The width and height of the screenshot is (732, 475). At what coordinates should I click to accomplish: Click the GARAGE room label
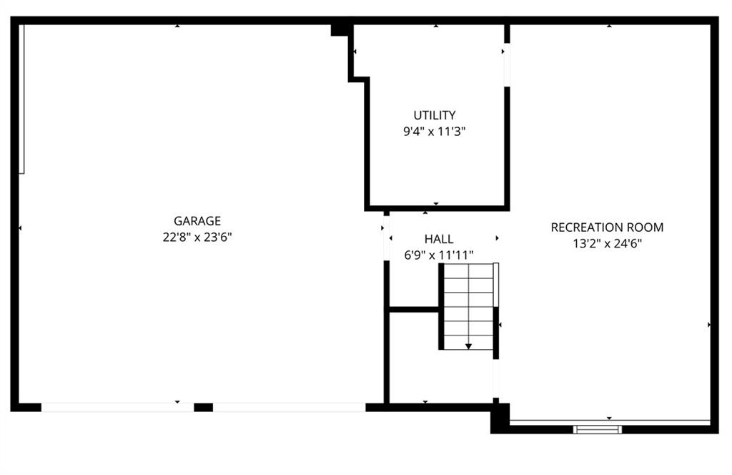point(197,221)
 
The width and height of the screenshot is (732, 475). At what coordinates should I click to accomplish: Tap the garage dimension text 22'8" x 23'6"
point(197,237)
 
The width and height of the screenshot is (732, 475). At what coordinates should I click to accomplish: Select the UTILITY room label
point(434,115)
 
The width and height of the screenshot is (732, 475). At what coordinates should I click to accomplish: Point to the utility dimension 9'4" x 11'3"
point(434,131)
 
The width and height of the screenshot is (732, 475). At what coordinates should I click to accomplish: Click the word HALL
point(439,239)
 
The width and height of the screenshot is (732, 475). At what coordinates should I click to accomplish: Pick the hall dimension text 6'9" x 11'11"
point(438,255)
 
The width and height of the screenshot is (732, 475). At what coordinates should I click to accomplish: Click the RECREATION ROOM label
point(607,227)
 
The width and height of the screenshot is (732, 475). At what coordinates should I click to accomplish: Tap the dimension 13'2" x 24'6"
point(607,243)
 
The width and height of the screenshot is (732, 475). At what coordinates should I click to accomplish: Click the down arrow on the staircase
point(468,346)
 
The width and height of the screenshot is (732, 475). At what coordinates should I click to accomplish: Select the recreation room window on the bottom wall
point(598,429)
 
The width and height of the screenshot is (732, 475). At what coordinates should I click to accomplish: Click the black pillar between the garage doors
point(203,407)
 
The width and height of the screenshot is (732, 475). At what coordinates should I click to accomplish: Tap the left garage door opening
point(117,407)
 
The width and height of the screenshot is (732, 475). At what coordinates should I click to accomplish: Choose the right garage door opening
point(289,407)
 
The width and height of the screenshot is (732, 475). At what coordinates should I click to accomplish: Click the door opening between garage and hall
point(386,238)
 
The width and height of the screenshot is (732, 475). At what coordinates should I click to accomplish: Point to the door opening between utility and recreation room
point(507,65)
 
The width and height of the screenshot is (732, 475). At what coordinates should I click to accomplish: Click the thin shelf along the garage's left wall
point(21,99)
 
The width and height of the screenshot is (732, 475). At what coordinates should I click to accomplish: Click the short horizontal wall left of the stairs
point(414,309)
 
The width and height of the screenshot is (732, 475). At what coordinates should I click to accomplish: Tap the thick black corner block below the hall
point(500,418)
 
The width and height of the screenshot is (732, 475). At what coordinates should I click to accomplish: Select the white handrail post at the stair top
point(496,285)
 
